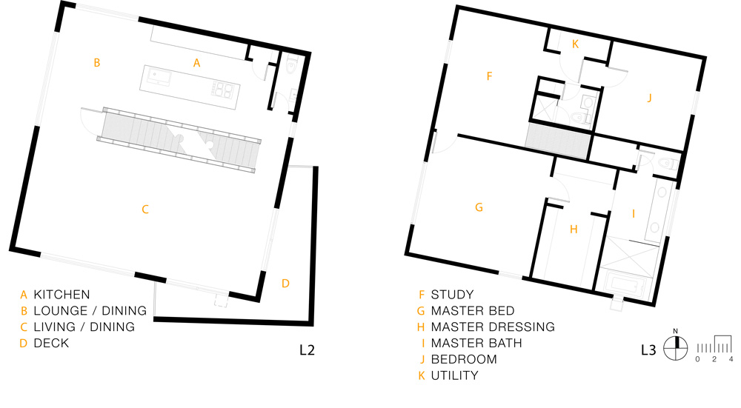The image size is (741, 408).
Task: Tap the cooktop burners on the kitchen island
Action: pos(222,90)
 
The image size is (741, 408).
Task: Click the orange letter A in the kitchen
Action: pos(196,63)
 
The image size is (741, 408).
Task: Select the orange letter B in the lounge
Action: pos(97,62)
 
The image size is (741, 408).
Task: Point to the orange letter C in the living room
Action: pos(145,210)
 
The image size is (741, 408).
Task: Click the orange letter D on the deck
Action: pos(285,284)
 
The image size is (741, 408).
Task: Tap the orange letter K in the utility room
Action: pos(575,44)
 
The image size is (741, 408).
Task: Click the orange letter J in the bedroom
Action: pos(649,98)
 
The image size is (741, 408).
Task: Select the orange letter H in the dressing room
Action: pos(574,230)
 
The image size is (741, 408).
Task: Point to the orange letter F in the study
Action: pos(489,76)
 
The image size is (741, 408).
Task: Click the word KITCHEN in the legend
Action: pos(62,295)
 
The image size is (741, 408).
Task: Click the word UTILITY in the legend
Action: pos(455,376)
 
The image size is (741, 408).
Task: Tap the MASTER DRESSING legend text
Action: pos(493,327)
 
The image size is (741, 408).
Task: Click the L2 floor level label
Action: pos(307,350)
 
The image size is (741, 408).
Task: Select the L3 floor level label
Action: pos(648,350)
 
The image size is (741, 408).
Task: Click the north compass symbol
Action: pos(675,347)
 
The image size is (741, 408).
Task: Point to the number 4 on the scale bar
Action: pos(731,359)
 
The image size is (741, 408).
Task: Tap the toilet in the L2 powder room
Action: pos(291,66)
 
